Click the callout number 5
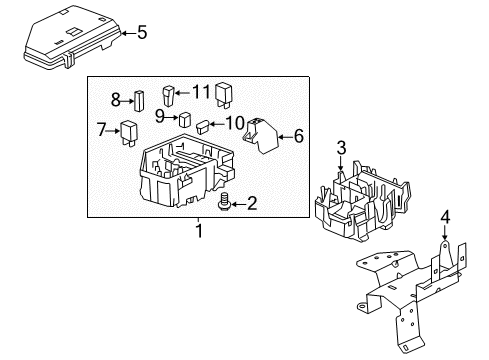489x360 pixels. click(x=141, y=33)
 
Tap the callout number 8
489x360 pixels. click(x=115, y=99)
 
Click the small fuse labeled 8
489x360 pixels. click(x=140, y=100)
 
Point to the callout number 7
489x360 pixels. click(x=101, y=129)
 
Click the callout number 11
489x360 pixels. click(x=201, y=92)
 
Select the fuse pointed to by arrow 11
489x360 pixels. click(x=170, y=98)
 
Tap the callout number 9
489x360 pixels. click(x=158, y=116)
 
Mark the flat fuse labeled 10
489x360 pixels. click(x=204, y=127)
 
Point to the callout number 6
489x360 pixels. click(x=297, y=135)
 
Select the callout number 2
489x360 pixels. click(x=251, y=205)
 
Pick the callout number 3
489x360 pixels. click(x=341, y=149)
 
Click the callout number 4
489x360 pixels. click(x=446, y=242)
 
